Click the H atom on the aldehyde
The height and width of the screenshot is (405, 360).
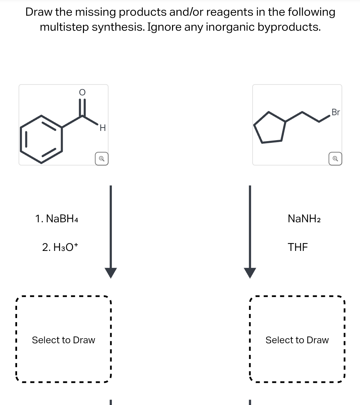point(103,129)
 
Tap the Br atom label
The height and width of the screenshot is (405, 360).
point(335,112)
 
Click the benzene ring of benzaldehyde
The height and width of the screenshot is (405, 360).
point(42,139)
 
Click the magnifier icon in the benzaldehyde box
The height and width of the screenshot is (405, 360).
point(101,159)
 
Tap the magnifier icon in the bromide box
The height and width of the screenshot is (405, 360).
point(335,159)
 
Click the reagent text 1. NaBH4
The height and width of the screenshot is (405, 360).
point(57,219)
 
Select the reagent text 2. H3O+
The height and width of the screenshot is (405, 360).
point(60,247)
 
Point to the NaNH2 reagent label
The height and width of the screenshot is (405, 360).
point(304,219)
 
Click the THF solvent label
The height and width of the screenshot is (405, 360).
point(298,247)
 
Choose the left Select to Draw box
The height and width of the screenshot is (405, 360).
point(63,340)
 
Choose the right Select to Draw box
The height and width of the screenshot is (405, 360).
point(297,340)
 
